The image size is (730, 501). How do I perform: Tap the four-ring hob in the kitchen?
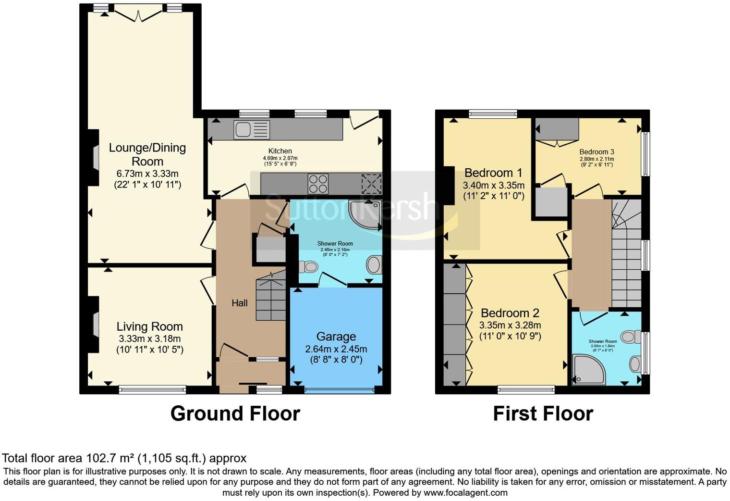(318, 184)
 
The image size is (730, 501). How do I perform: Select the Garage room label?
(336, 337)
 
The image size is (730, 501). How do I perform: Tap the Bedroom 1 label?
(493, 173)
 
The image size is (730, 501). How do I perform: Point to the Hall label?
(240, 303)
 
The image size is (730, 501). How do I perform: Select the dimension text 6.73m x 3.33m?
(147, 174)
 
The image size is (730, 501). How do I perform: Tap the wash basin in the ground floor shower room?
(374, 264)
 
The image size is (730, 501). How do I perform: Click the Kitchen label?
(280, 151)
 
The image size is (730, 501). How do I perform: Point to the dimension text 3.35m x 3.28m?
(510, 326)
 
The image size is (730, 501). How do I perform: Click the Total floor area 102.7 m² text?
(124, 458)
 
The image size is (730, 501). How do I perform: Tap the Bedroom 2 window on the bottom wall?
(526, 389)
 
